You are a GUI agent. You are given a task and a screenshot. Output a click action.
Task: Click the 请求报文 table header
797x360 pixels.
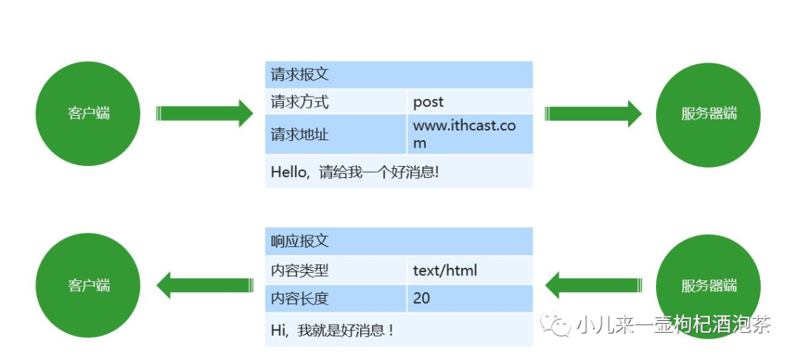(x=398, y=75)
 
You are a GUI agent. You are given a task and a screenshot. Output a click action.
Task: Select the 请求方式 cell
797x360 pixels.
(x=336, y=102)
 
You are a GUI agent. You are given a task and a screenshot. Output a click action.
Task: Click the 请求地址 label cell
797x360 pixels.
(x=336, y=134)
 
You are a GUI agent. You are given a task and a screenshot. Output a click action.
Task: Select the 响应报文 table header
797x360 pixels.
(x=398, y=240)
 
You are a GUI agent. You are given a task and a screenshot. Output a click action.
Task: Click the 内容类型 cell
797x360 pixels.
(x=336, y=270)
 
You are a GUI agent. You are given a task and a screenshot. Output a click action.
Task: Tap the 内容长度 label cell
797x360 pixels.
(x=336, y=298)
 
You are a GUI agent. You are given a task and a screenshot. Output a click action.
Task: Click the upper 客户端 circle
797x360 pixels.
(x=88, y=114)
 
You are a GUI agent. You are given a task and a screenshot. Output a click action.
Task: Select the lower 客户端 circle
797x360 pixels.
(x=88, y=285)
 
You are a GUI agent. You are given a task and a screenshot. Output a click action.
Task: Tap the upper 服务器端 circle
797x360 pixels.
(x=708, y=114)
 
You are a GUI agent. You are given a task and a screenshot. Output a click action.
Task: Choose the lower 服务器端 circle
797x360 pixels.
(x=708, y=286)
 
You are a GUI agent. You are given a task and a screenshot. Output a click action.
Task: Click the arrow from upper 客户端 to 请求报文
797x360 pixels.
(x=205, y=113)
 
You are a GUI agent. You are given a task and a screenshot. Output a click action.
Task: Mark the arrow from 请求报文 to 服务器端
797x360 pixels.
(x=593, y=113)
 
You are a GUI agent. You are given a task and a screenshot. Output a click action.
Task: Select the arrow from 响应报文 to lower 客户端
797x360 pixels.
(x=205, y=285)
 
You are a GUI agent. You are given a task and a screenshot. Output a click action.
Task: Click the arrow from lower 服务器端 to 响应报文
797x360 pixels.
(x=593, y=285)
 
